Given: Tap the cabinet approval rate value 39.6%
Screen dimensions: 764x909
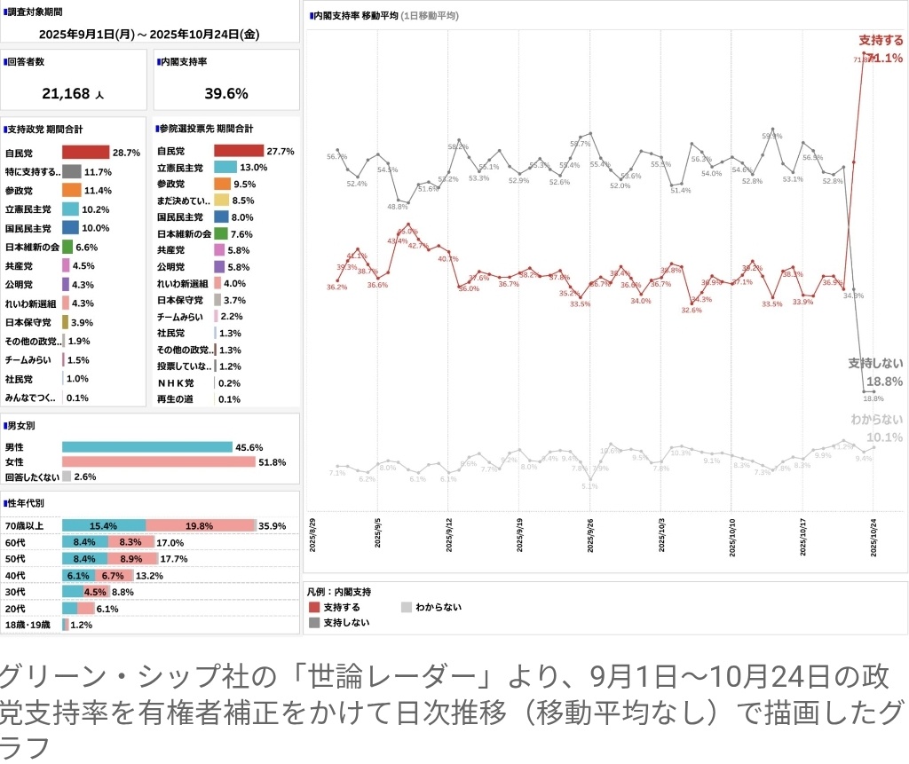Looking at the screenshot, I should pyautogui.click(x=226, y=93).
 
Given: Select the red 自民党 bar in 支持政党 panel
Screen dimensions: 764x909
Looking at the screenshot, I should pyautogui.click(x=85, y=153).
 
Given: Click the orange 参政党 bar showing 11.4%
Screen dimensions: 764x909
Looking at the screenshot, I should pyautogui.click(x=72, y=190).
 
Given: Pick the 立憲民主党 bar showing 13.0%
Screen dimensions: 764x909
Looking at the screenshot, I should pyautogui.click(x=225, y=167).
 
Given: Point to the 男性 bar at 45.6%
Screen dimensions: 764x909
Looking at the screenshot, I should pyautogui.click(x=146, y=447).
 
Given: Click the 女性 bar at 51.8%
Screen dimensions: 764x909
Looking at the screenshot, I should pyautogui.click(x=159, y=462).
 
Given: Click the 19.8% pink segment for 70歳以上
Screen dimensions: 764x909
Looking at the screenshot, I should pyautogui.click(x=200, y=525).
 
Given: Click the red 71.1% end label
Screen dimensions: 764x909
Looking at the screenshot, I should pyautogui.click(x=885, y=59).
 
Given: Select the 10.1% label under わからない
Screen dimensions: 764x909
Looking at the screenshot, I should pyautogui.click(x=884, y=437).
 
